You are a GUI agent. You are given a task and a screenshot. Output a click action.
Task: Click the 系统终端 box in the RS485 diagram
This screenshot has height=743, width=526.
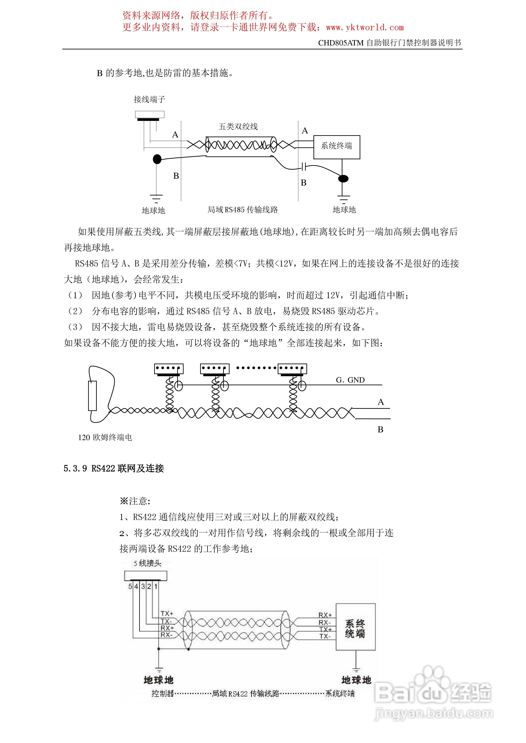coord(336,147)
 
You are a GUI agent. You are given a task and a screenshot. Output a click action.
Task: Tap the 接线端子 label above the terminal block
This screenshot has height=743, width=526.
coord(149,99)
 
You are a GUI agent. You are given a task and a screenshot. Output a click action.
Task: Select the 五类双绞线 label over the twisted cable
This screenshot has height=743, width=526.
coord(238,127)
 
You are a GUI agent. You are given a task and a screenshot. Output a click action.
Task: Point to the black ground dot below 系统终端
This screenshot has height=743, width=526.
coord(343,178)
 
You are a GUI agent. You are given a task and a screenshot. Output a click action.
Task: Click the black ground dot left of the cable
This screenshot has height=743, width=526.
coord(157,159)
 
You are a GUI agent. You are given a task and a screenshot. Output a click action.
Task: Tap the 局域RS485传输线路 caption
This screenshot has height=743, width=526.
coord(243,210)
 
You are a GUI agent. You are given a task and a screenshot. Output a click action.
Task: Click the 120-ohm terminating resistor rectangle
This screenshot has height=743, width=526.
coord(92,396)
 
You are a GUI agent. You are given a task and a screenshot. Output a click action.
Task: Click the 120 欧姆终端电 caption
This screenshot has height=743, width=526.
coord(105,437)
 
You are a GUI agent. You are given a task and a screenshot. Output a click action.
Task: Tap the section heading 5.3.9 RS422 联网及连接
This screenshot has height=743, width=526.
coord(114,468)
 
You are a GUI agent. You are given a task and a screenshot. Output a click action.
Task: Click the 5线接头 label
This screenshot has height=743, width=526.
coord(148,563)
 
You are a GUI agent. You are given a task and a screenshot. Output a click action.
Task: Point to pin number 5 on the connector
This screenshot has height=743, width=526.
coord(130,586)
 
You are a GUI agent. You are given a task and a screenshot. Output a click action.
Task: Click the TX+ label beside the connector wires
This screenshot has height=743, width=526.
coord(167,613)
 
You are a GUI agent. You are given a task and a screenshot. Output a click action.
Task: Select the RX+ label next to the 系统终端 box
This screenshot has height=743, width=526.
coord(325,615)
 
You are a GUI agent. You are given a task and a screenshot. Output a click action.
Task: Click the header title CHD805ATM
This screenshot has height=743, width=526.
coord(341,43)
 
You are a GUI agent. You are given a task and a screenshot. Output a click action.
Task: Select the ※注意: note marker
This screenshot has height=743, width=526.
coord(135,501)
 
